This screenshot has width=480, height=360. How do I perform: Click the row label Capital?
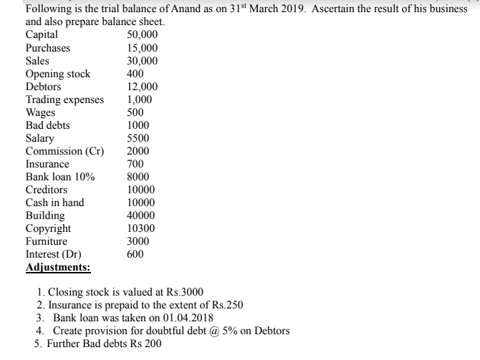pyautogui.click(x=42, y=34)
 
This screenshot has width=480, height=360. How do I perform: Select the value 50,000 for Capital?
pyautogui.click(x=142, y=34)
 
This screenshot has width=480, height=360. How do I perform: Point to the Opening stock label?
pyautogui.click(x=58, y=74)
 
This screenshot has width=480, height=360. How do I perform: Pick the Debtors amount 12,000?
pyautogui.click(x=142, y=87)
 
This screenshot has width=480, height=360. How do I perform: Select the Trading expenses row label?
pyautogui.click(x=64, y=99)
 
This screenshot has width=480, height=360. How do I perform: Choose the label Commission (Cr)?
pyautogui.click(x=64, y=151)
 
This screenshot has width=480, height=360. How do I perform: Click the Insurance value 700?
pyautogui.click(x=135, y=164)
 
